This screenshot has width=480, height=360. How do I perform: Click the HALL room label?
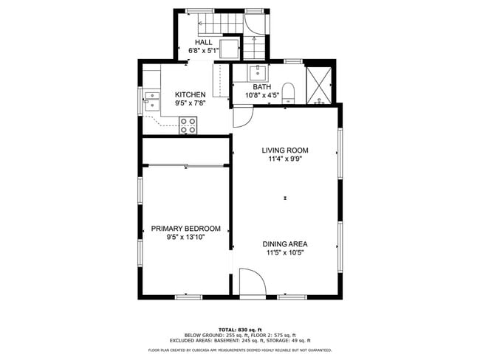pyautogui.click(x=204, y=42)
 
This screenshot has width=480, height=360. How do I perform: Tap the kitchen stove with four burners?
pyautogui.click(x=188, y=125)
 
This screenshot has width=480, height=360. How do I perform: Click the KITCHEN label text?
pyautogui.click(x=190, y=94)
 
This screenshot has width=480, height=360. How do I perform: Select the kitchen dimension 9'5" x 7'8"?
pyautogui.click(x=190, y=104)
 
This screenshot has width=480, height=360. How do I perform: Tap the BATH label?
pyautogui.click(x=262, y=87)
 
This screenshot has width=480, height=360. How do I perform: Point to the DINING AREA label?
pyautogui.click(x=285, y=243)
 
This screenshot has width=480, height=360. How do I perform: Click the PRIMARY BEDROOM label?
pyautogui.click(x=185, y=229)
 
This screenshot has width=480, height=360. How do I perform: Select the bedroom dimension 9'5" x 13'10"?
pyautogui.click(x=185, y=238)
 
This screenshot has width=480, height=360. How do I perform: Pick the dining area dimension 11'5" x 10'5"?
pyautogui.click(x=285, y=252)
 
